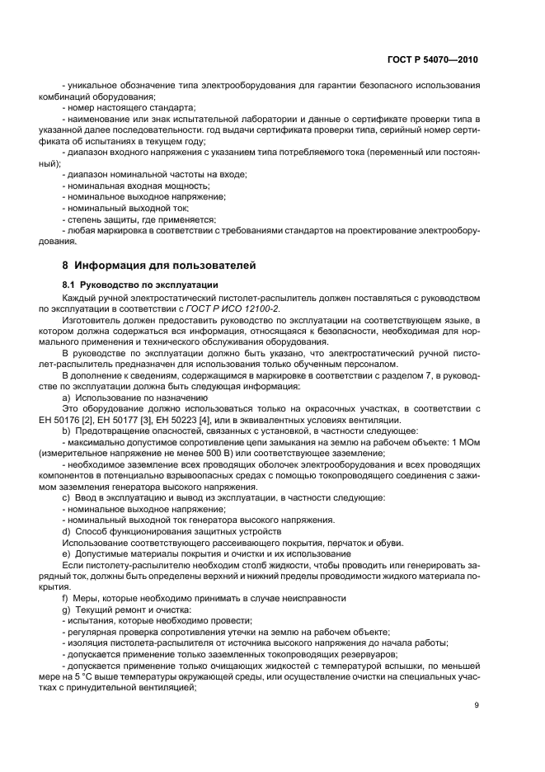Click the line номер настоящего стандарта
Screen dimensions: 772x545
(x=129, y=107)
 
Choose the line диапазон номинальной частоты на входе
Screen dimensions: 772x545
(x=154, y=174)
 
